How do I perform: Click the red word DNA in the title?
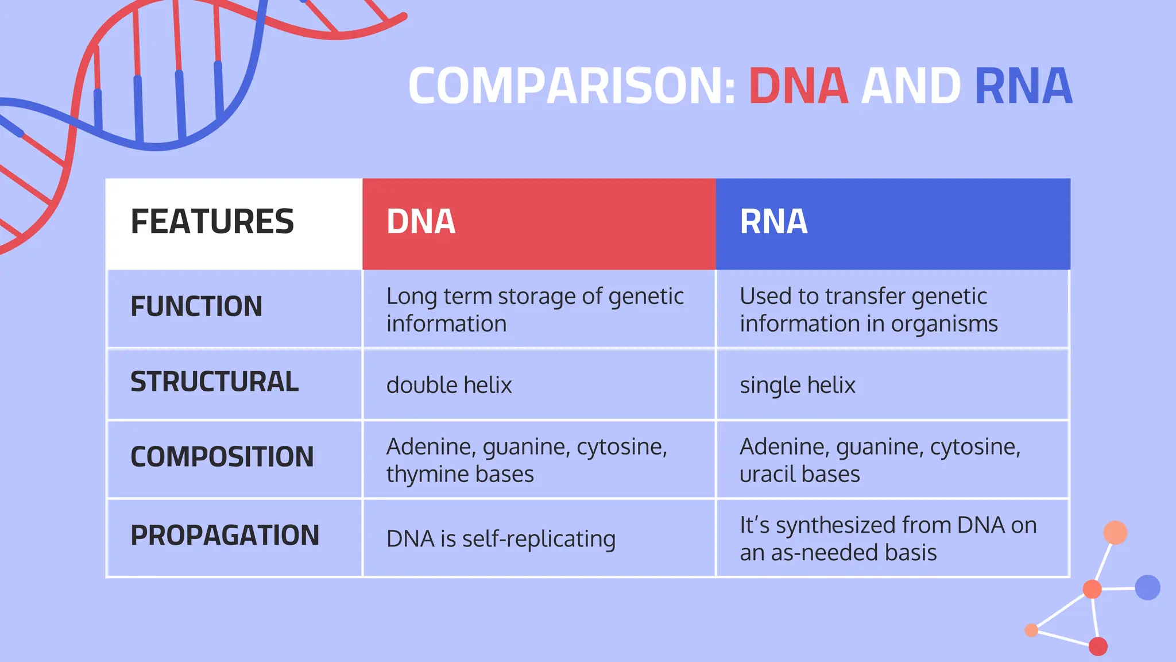[798, 86]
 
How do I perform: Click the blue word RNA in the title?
[1023, 86]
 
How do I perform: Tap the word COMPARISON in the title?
[571, 86]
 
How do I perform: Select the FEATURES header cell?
[212, 222]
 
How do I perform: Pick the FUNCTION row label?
[196, 306]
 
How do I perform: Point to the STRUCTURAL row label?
[214, 382]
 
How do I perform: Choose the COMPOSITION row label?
[222, 457]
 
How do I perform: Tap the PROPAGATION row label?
[225, 536]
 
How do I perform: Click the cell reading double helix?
[449, 385]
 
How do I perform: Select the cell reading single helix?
[797, 385]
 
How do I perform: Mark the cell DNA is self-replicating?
[501, 539]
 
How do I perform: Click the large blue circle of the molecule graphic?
[1147, 587]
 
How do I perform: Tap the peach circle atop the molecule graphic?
[1115, 532]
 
